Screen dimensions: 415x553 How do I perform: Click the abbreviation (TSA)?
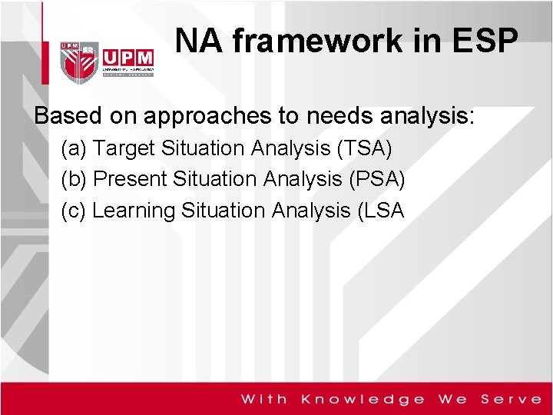[x=364, y=148]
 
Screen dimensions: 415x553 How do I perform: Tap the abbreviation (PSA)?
[x=376, y=179]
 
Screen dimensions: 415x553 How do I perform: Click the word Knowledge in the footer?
[x=363, y=399]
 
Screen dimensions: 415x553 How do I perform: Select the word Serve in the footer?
[x=512, y=399]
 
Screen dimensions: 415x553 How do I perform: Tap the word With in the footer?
[x=265, y=399]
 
